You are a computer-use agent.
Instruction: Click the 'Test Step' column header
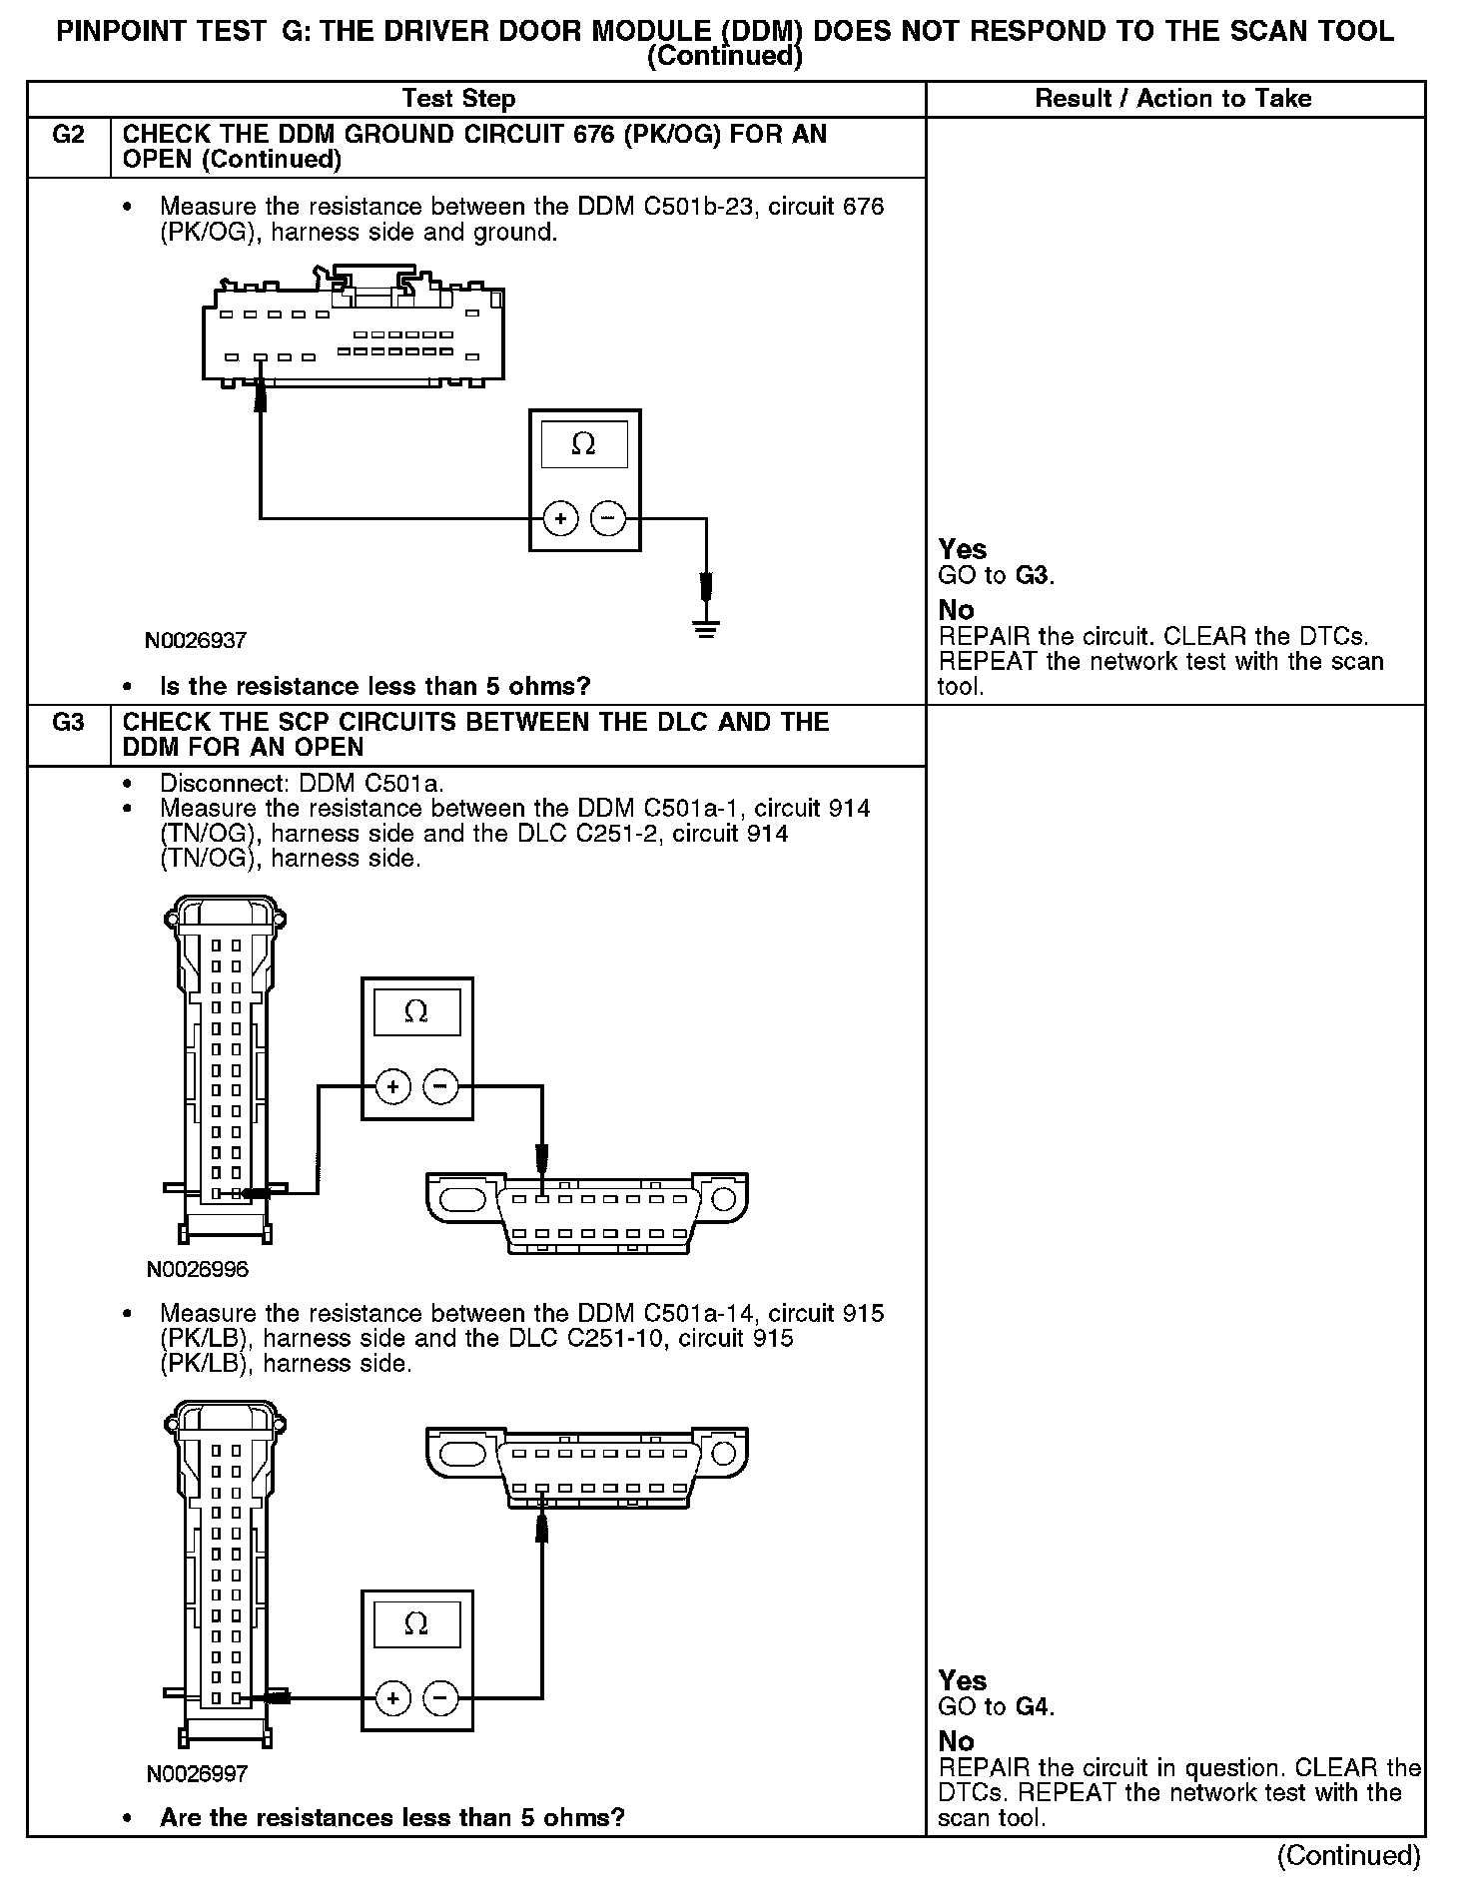coord(458,99)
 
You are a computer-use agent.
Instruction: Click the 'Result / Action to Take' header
coord(1172,99)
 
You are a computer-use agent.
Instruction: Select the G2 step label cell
coord(68,135)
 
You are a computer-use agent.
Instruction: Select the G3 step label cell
coord(68,723)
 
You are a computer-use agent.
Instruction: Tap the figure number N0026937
coord(196,640)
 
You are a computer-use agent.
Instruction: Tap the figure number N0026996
coord(197,1270)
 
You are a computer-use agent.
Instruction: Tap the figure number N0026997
coord(197,1774)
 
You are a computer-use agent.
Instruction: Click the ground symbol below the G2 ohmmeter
coord(706,628)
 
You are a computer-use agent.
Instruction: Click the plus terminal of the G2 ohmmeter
coord(561,519)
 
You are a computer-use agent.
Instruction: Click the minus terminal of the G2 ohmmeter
coord(608,519)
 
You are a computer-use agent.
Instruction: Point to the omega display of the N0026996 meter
coord(416,1012)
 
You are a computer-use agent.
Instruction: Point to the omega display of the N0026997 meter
coord(416,1624)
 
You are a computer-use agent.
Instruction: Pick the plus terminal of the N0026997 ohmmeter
coord(393,1697)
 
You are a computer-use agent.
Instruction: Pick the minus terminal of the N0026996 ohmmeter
coord(440,1086)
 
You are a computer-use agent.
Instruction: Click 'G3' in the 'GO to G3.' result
coord(1034,576)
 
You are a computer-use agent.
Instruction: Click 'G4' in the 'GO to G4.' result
coord(1034,1707)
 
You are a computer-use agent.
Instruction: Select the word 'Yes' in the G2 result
coord(963,549)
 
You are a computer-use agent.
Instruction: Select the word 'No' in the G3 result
coord(956,1742)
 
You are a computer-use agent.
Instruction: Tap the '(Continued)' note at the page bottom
coord(1348,1855)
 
